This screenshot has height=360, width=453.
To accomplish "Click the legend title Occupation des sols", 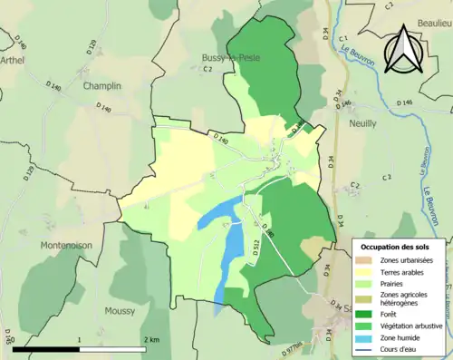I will point(396,246).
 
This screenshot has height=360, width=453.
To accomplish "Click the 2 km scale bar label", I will point(151,339).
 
